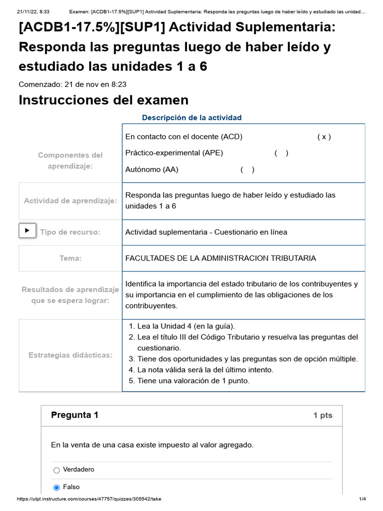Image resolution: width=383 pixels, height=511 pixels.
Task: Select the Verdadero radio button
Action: click(56, 470)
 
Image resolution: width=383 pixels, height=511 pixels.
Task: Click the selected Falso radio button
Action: click(56, 488)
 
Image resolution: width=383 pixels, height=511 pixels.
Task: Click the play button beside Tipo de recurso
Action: click(27, 231)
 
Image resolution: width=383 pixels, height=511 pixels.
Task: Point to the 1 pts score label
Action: click(323, 415)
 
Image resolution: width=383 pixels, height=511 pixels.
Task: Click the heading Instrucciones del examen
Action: click(103, 100)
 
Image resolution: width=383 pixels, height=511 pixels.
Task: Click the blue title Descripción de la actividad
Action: click(191, 118)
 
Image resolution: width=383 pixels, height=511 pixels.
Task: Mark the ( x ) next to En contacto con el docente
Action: click(324, 137)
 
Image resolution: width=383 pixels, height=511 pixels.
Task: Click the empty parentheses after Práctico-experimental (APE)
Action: click(281, 153)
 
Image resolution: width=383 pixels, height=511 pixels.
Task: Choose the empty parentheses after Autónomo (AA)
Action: click(247, 170)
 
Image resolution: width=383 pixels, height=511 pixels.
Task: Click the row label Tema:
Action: click(70, 258)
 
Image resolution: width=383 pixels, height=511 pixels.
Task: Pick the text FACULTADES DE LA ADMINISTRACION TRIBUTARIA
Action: click(220, 258)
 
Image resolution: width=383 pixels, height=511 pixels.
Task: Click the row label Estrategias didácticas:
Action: click(70, 355)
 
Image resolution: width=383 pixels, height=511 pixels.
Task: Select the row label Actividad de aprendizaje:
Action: click(70, 201)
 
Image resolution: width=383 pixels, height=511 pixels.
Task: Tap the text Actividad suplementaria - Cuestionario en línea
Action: click(206, 232)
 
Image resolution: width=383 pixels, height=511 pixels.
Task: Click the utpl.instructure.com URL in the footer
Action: click(89, 499)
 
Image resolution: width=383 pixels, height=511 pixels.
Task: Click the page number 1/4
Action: click(363, 499)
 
